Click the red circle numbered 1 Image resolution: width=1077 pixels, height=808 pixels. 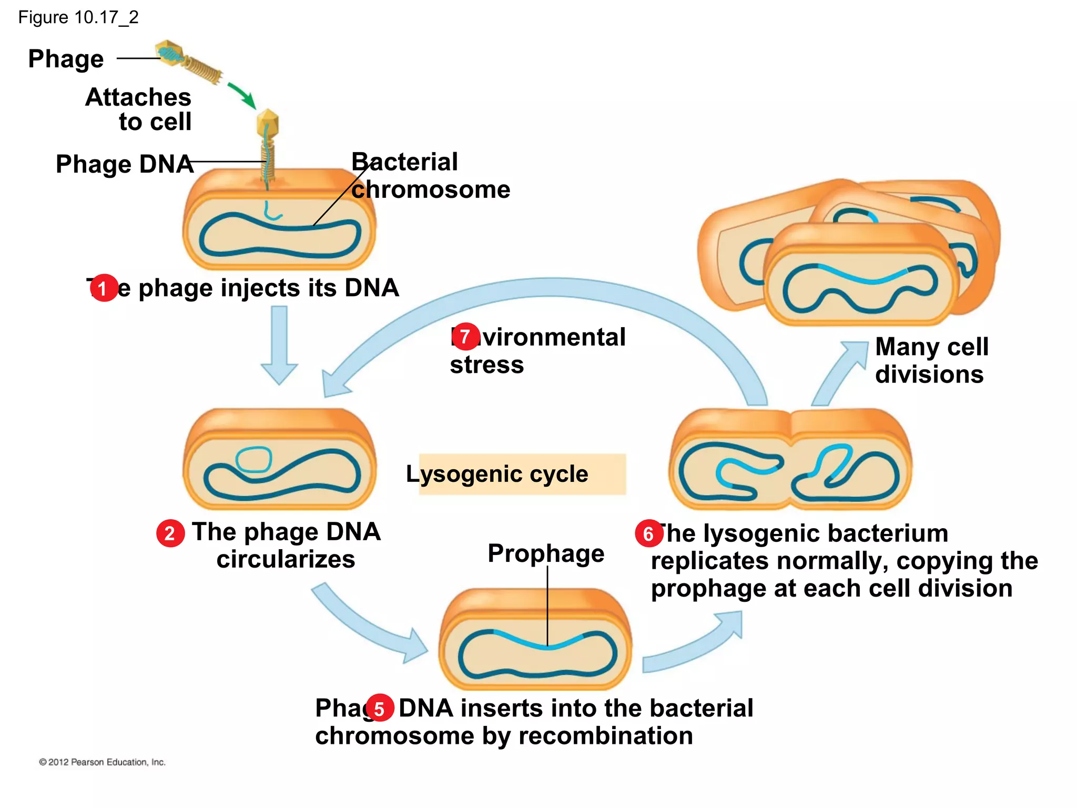click(104, 288)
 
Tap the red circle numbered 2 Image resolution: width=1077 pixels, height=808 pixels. click(170, 533)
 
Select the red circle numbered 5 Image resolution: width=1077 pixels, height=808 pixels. click(380, 708)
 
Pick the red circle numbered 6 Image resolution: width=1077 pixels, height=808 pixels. click(649, 533)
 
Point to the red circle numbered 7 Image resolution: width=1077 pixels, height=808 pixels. click(465, 337)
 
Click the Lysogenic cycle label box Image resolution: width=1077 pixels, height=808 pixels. click(522, 474)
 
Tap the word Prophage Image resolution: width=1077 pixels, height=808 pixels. click(545, 553)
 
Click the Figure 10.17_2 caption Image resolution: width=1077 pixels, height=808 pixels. click(78, 17)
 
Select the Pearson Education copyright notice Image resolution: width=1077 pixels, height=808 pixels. click(102, 762)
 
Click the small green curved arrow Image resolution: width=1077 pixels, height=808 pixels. click(242, 95)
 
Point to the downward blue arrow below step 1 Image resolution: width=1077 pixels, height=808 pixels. click(279, 345)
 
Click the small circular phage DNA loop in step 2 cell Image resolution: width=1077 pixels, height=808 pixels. click(254, 459)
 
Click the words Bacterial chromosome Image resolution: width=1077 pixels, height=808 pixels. click(430, 176)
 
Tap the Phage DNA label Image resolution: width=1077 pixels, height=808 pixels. click(124, 164)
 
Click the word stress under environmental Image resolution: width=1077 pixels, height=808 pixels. click(486, 365)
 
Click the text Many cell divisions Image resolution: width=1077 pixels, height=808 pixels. click(931, 361)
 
